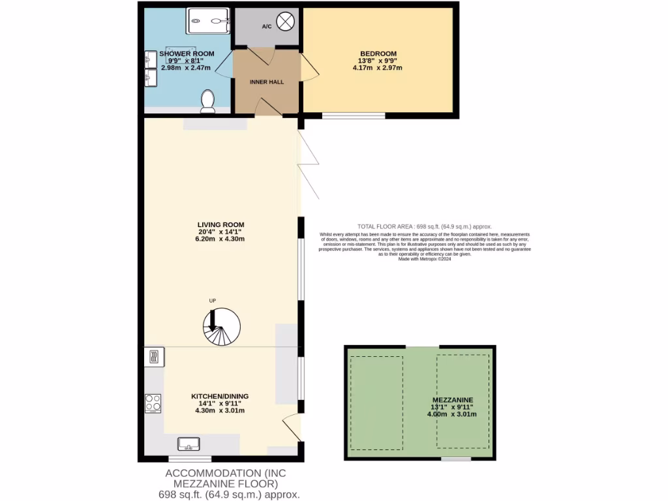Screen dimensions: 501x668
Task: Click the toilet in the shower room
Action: pos(208,100)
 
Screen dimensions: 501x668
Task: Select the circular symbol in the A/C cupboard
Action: pos(285,22)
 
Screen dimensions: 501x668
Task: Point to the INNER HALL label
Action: pos(266,82)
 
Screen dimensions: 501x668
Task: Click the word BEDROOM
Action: pos(378,53)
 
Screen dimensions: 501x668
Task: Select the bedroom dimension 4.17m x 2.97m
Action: pos(378,67)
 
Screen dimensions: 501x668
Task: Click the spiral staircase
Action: pos(221,327)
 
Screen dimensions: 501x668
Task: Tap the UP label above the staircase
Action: pos(212,301)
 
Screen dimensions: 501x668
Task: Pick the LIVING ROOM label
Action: pos(221,224)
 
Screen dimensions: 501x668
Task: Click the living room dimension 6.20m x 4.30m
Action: pos(221,239)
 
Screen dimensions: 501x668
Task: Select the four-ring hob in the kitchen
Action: pos(153,403)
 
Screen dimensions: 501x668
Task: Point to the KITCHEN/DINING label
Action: pos(220,396)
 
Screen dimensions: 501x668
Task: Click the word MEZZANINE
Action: pos(452,400)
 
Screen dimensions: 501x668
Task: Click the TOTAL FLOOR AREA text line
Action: pos(424,226)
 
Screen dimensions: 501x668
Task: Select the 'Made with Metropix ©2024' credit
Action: pos(424,259)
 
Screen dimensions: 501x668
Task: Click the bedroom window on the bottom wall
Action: pos(354,116)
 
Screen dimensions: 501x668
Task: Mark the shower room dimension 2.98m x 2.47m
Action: pos(170,67)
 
